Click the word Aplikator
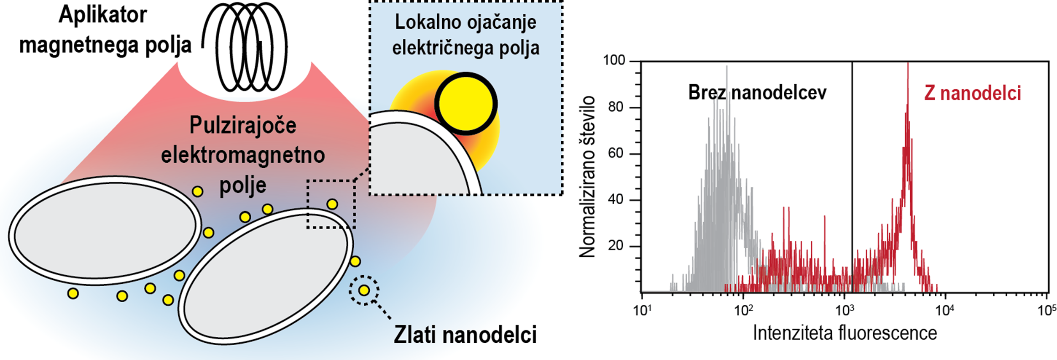coord(102,15)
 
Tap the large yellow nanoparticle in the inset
coord(466,104)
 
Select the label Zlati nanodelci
coord(465,335)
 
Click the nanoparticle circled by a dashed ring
coord(364,290)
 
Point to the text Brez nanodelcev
coord(757,93)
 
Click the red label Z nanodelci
coord(972,93)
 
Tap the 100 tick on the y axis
coord(614,61)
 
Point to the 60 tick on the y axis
coord(616,153)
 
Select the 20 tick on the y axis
coord(616,246)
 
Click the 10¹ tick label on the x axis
coord(642,311)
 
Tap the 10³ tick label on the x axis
coord(844,311)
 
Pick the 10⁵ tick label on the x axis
coord(1046,311)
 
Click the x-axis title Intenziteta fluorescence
coord(845,333)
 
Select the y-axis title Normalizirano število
coord(587,177)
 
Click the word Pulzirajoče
coord(243,125)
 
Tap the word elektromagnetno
coord(243,155)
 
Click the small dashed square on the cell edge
coord(331,204)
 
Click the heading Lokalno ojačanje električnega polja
coord(465,35)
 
